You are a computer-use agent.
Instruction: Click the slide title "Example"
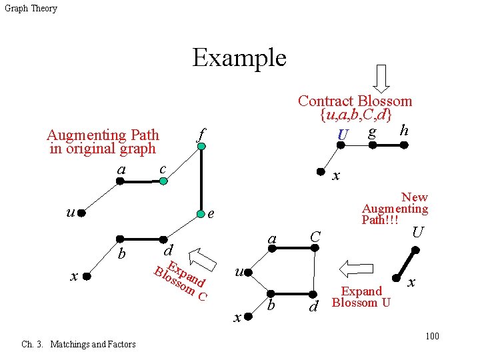coord(239,58)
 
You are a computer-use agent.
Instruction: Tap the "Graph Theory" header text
coord(31,9)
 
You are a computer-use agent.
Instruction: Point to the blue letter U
coord(343,136)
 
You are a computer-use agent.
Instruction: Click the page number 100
coord(432,335)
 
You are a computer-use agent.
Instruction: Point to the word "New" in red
coord(415,197)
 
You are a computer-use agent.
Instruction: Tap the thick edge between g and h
coord(390,143)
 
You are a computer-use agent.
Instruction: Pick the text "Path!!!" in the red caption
coord(380,220)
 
